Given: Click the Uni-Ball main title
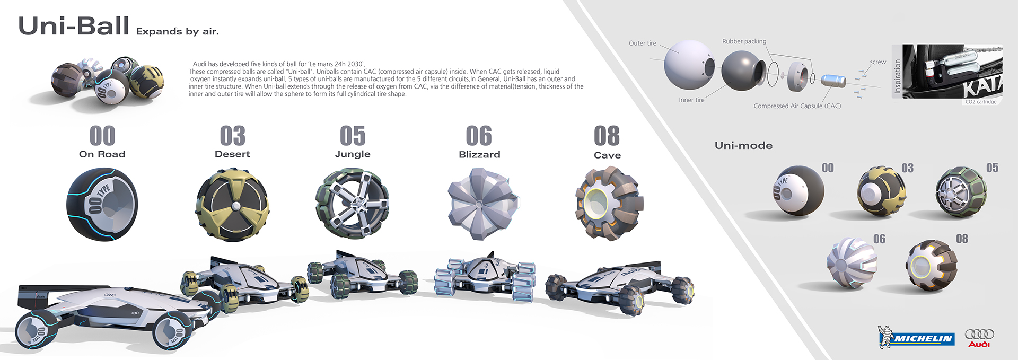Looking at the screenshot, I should coord(74,26).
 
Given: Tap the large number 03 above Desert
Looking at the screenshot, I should coord(232,136).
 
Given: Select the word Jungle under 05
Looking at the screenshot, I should coord(353,154).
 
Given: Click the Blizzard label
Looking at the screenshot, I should coord(479,155).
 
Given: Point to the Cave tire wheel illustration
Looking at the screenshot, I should coord(608,204).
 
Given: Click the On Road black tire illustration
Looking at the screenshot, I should coord(102,205).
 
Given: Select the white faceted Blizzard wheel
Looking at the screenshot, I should coord(480,204).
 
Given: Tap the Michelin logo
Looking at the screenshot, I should coord(916,338).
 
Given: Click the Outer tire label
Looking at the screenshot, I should coord(642,43).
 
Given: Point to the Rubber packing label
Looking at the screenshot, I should coord(744,41).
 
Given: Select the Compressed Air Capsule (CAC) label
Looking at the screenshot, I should coord(797,106).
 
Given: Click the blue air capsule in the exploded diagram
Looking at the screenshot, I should coord(833,81).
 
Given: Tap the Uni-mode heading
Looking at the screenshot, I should coord(743,146).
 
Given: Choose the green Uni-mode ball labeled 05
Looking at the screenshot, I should coord(961,192).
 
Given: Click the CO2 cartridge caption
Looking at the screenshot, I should coord(980,102).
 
